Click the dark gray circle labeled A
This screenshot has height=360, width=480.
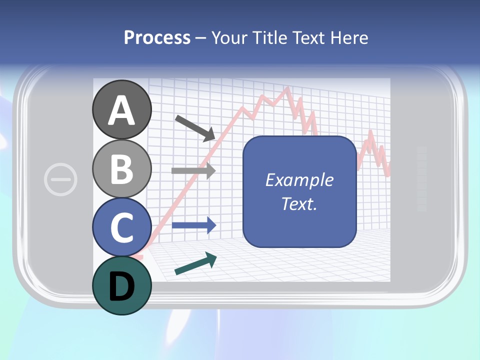[122, 109]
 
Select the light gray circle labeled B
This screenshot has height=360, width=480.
[122, 168]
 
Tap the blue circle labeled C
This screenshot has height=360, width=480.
[122, 227]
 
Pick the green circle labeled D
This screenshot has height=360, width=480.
[122, 285]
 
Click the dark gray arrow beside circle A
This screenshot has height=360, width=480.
[195, 127]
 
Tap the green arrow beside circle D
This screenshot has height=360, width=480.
[195, 264]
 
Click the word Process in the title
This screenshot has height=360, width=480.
[157, 37]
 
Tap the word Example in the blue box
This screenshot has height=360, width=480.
[299, 180]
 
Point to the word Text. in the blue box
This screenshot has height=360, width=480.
[299, 203]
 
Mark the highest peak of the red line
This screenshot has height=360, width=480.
[287, 88]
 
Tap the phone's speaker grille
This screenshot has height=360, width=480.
[421, 178]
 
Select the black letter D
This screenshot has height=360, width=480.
[122, 286]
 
